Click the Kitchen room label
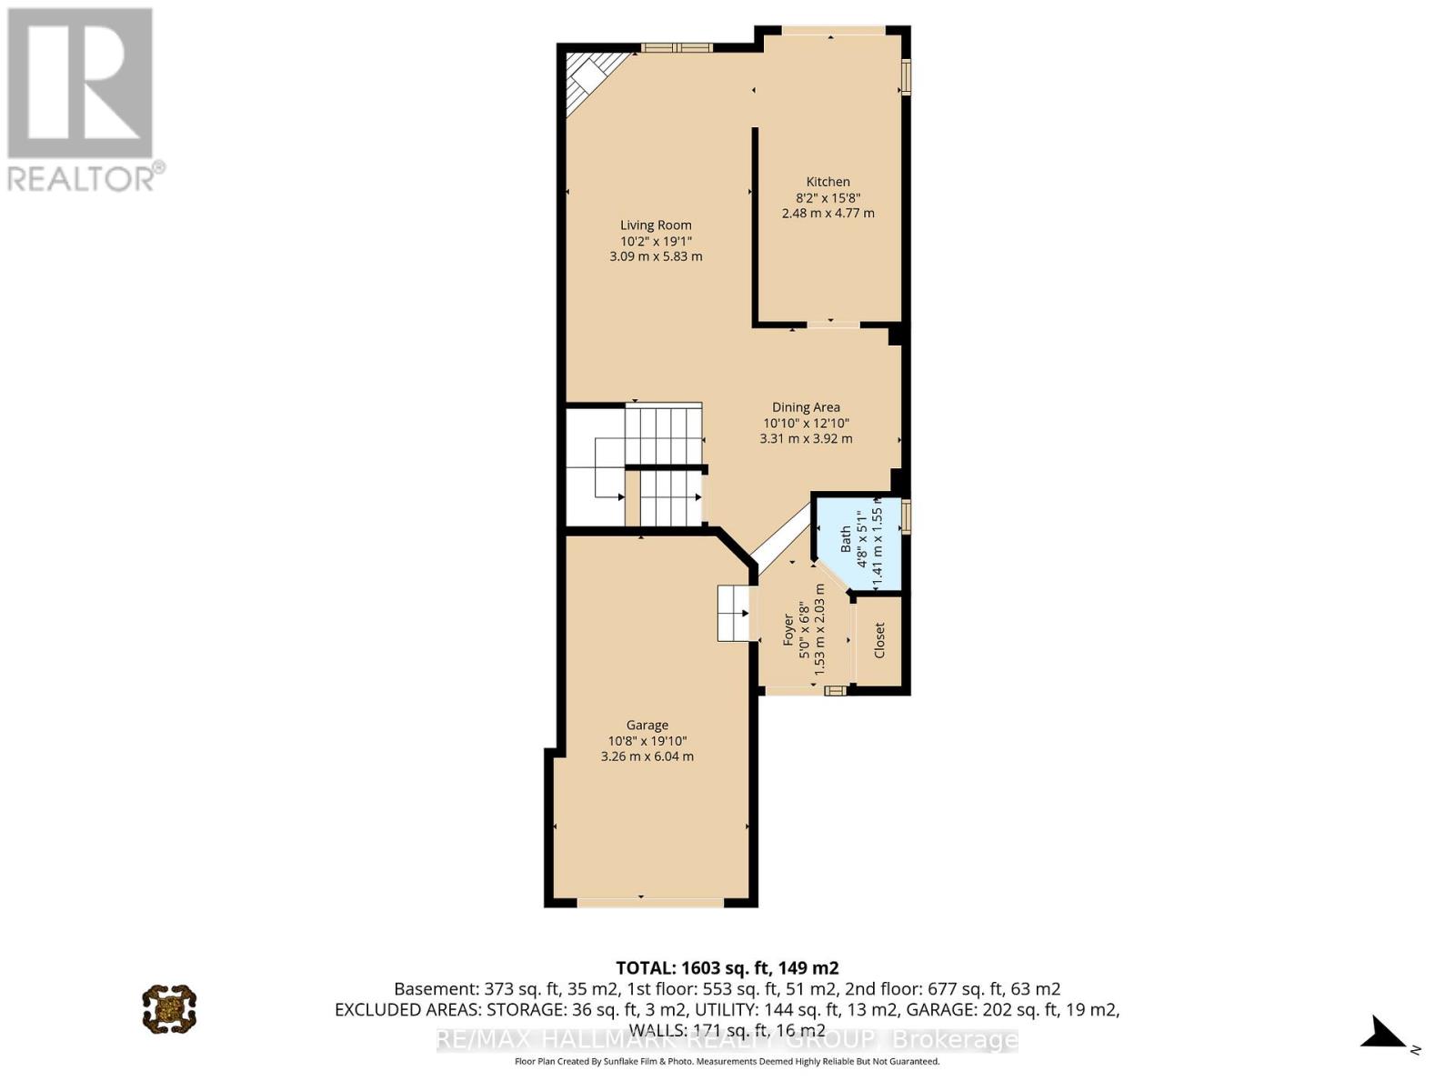click(828, 182)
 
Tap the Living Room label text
click(656, 225)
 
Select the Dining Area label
click(806, 407)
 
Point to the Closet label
click(879, 641)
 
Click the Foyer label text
click(789, 629)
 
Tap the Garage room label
click(647, 725)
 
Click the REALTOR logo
click(82, 100)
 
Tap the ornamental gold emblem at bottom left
click(169, 1007)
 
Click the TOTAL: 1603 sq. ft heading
click(727, 967)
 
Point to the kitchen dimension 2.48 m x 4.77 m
click(828, 213)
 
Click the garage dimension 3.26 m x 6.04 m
click(647, 756)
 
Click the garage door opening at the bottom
click(650, 902)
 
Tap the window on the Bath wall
click(906, 515)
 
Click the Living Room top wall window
click(677, 48)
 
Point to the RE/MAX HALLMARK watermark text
click(727, 1039)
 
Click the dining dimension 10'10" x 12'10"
click(806, 423)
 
